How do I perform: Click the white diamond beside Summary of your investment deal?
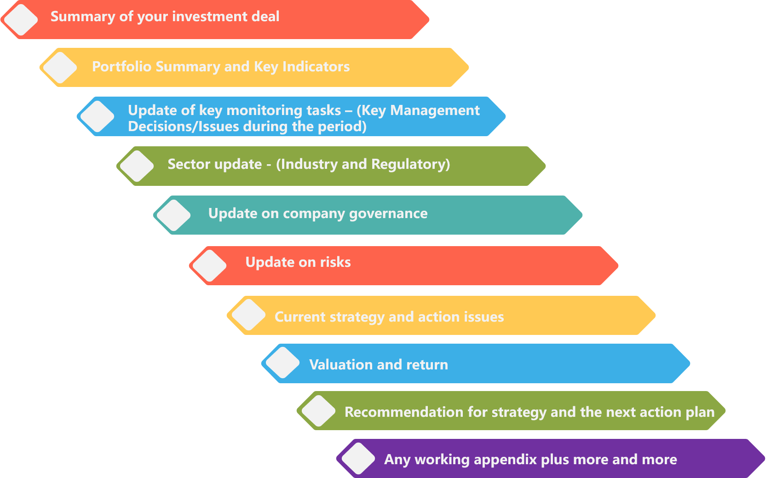[x=21, y=19]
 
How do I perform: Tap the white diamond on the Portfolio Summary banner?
[x=60, y=68]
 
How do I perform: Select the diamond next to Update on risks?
[x=209, y=265]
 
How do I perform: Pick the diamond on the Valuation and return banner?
[x=282, y=363]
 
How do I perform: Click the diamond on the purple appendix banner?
[x=358, y=458]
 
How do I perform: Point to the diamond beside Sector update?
[x=137, y=166]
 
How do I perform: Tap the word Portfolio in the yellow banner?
[x=121, y=67]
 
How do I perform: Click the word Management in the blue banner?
[x=435, y=110]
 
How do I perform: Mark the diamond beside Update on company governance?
[x=173, y=215]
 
